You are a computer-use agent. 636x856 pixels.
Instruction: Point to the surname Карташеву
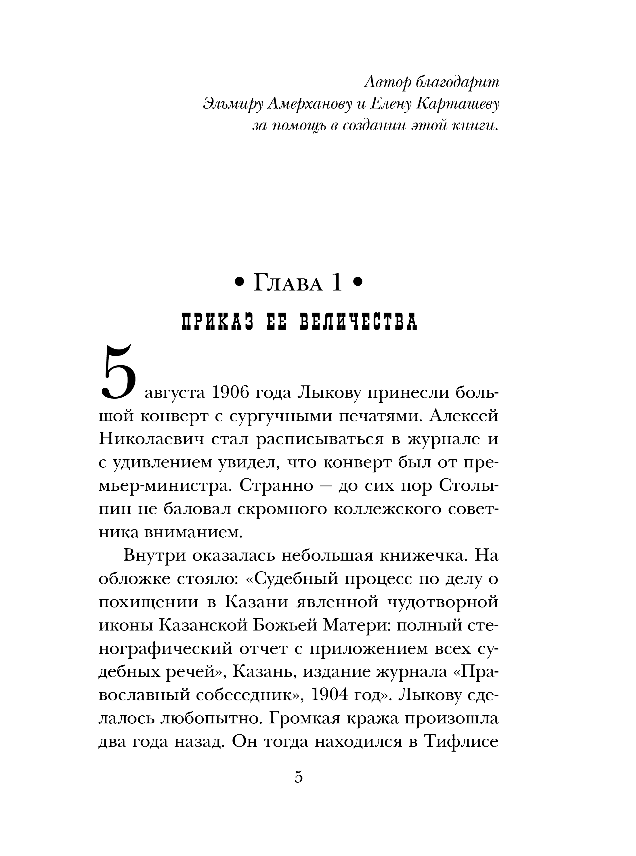pyautogui.click(x=458, y=104)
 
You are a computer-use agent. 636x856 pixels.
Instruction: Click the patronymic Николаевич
pyautogui.click(x=151, y=439)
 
